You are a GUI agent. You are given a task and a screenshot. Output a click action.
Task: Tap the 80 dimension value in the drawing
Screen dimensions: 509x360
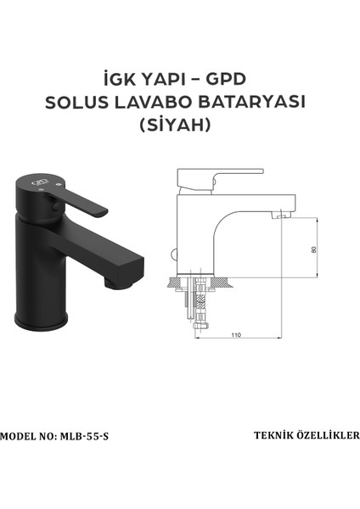tap(313, 249)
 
